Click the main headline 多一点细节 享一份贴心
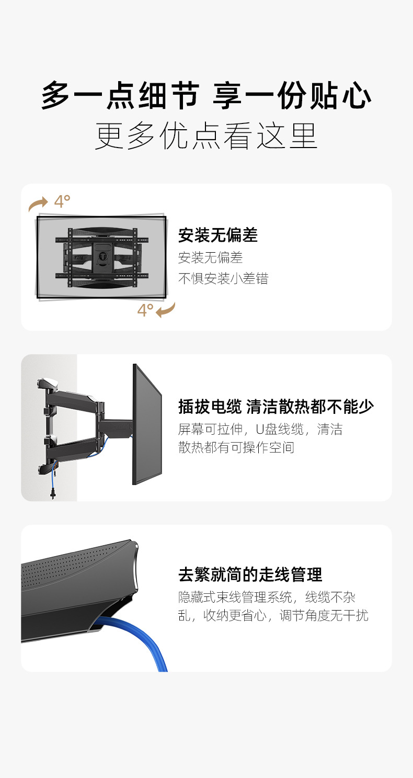point(206,96)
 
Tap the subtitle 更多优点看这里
point(206,136)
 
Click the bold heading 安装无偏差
point(218,235)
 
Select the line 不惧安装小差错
point(223,278)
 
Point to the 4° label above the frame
point(62,201)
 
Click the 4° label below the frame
point(145,310)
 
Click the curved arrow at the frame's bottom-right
point(166,310)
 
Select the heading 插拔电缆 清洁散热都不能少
point(276,407)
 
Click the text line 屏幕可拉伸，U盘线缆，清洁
point(260,430)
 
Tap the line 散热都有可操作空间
point(236,447)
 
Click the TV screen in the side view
point(147,424)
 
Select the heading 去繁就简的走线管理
point(250,574)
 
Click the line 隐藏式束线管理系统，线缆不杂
point(267,597)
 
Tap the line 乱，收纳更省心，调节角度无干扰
point(273,615)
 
